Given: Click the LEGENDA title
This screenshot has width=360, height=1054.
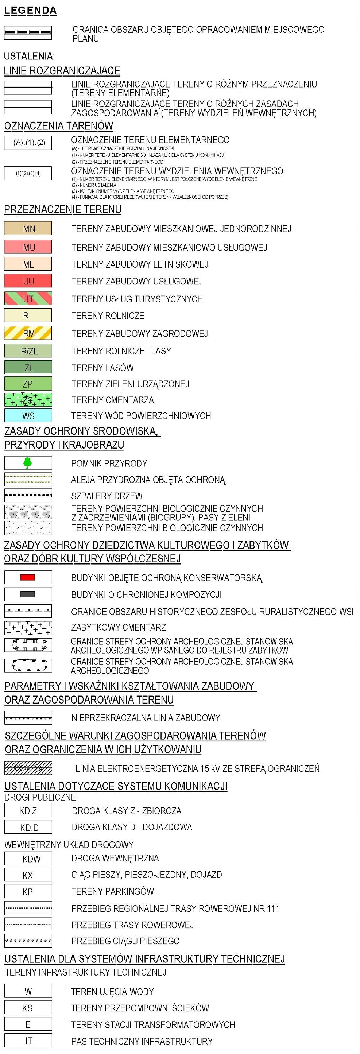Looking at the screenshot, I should pyautogui.click(x=30, y=11).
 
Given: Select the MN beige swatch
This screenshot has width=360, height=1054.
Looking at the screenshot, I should pyautogui.click(x=28, y=229).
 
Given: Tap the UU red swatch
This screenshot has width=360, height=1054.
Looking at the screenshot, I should pyautogui.click(x=28, y=281).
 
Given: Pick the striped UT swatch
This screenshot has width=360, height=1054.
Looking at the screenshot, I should pyautogui.click(x=28, y=299).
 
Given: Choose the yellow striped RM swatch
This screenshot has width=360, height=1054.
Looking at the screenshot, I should pyautogui.click(x=28, y=333).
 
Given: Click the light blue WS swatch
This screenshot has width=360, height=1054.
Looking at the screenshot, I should pyautogui.click(x=28, y=416).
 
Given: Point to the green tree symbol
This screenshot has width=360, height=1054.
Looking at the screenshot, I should pyautogui.click(x=28, y=463).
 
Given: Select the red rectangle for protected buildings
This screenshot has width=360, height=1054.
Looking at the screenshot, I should pyautogui.click(x=28, y=577).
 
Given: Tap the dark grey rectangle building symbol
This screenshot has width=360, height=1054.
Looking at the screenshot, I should pyautogui.click(x=28, y=594).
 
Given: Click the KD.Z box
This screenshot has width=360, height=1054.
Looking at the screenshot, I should pyautogui.click(x=28, y=810).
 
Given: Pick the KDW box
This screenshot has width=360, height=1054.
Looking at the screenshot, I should pyautogui.click(x=28, y=859).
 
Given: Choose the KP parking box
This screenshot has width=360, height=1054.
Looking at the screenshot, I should pyautogui.click(x=28, y=892).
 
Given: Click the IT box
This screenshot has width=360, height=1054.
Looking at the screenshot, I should pyautogui.click(x=28, y=1041).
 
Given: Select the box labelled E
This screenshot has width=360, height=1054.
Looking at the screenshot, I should pyautogui.click(x=28, y=1024).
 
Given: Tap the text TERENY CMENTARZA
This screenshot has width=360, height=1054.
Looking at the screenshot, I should pyautogui.click(x=113, y=400).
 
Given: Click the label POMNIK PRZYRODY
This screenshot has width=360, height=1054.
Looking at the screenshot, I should pyautogui.click(x=109, y=464).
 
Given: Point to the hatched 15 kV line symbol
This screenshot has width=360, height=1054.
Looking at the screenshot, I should pyautogui.click(x=28, y=768).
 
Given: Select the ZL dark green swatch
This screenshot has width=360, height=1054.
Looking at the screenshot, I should pyautogui.click(x=28, y=367).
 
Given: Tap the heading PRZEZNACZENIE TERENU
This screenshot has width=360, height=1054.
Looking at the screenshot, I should pyautogui.click(x=63, y=209).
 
